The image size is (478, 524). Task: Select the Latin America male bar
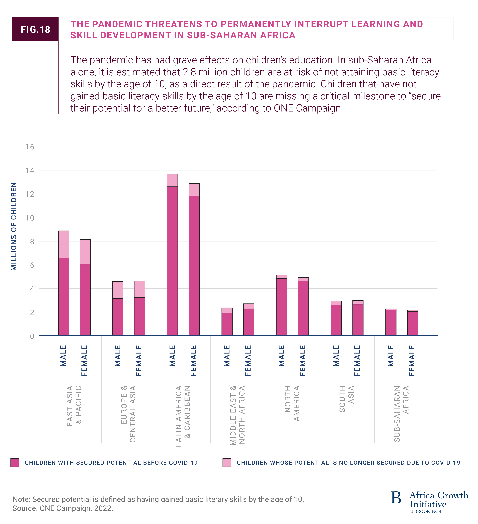point(172,260)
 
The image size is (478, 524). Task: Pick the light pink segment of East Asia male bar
point(64,244)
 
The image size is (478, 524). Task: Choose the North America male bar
point(282,307)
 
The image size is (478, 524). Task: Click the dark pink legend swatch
point(15,463)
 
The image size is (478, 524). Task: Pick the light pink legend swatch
point(227,463)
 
